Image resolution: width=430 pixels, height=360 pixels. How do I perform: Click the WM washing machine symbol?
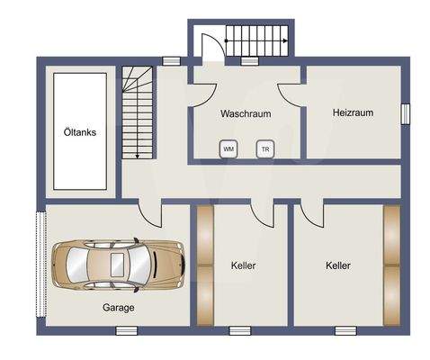pos(228,148)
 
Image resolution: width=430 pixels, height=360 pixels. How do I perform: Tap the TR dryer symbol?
pos(265,148)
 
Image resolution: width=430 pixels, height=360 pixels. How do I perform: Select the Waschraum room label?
pos(246,113)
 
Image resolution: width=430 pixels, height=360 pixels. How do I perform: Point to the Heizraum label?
pos(353,112)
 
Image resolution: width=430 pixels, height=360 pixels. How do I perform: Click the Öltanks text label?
pos(80,132)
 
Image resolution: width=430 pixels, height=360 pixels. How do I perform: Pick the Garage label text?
pos(119,308)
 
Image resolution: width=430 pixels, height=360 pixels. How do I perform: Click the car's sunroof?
pos(117,265)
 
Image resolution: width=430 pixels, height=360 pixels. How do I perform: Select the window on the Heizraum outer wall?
pos(406,113)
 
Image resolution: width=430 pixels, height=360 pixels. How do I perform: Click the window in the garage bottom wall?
pos(127,331)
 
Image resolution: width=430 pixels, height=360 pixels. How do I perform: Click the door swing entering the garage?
pos(150,214)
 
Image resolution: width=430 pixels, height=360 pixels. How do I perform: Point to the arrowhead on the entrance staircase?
pos(285,41)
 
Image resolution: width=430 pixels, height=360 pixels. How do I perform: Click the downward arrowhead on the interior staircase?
pos(137,156)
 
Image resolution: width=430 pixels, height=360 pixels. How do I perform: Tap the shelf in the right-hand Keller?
pos(392,265)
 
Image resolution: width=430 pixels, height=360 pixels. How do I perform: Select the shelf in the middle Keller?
pos(205,265)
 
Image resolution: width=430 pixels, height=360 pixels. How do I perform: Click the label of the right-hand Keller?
pos(338,265)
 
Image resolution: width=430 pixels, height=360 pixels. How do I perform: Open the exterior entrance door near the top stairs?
pos(213,47)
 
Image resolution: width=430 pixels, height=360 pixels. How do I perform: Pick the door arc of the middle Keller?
pos(262,213)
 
